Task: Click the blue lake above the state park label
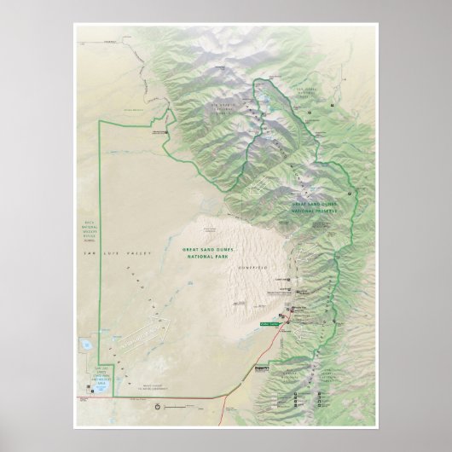pos(87,345)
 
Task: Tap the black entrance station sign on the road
pos(260,368)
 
